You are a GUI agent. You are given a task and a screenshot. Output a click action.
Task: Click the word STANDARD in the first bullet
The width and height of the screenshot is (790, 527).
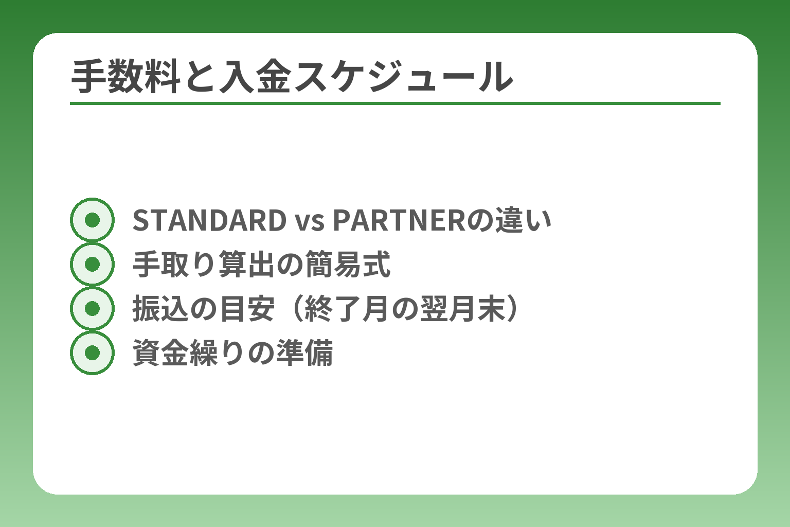click(209, 220)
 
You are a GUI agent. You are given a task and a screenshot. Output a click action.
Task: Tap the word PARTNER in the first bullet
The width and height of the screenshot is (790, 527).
click(399, 220)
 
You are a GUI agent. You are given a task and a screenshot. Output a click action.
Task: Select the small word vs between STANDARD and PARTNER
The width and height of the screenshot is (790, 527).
click(310, 221)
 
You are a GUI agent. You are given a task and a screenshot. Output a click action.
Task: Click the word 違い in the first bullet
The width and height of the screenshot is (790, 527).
click(524, 220)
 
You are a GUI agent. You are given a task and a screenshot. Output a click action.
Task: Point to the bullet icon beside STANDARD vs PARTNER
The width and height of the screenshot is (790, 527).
click(92, 220)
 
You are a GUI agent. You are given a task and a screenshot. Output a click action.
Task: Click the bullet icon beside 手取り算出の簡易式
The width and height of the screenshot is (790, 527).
click(92, 264)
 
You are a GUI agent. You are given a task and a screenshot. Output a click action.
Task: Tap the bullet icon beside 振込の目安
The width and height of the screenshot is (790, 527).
click(92, 308)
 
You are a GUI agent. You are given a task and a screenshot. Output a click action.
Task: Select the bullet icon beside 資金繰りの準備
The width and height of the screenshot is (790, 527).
click(92, 353)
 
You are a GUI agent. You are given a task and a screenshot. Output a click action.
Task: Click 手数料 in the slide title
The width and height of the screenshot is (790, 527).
click(125, 77)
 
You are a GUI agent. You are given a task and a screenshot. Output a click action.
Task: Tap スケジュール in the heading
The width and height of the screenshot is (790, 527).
click(404, 77)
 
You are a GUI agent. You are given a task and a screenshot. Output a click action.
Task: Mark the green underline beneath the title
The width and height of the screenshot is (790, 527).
click(395, 103)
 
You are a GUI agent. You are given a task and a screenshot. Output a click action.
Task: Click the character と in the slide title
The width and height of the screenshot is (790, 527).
click(200, 77)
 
